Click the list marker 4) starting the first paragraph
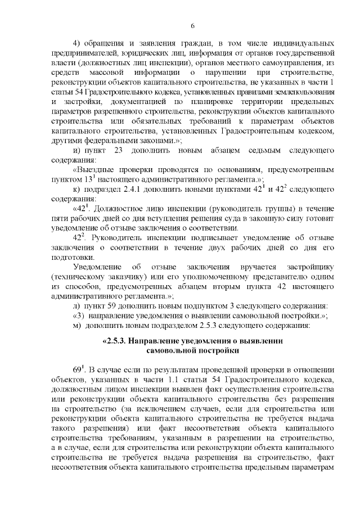tap(78, 44)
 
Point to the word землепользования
tap(304, 93)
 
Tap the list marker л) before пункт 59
tap(78, 307)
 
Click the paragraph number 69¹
tap(80, 370)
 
